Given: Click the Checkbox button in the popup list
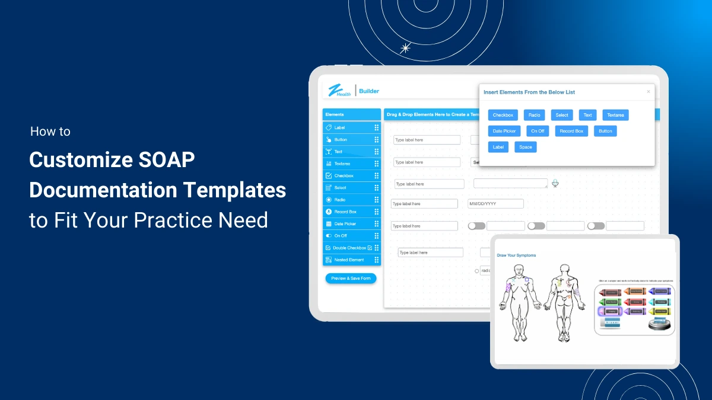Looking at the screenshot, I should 503,115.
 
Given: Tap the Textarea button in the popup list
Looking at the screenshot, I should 615,115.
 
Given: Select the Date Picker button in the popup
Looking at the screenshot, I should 504,131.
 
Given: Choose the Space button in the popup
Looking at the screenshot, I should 525,147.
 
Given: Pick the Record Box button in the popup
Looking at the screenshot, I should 571,131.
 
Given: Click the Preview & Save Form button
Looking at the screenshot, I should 351,278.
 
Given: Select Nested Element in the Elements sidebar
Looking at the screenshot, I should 349,260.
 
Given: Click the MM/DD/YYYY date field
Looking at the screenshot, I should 495,204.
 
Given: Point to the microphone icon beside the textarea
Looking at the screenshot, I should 555,183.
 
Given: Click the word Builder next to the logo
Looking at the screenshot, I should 369,91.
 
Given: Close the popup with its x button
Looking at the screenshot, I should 648,92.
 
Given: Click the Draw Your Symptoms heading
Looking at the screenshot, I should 516,255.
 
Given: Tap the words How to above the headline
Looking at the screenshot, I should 50,132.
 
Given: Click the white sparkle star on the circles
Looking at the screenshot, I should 406,48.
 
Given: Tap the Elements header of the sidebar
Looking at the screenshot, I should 335,114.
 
